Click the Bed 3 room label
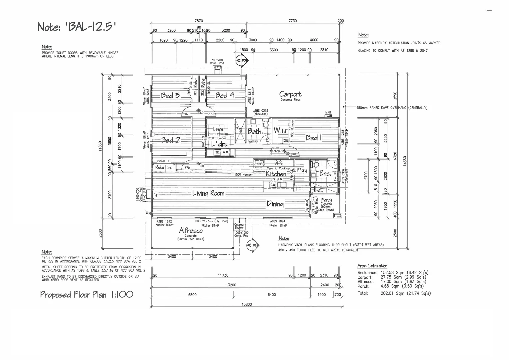click(170, 96)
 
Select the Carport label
click(290, 94)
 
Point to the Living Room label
click(208, 193)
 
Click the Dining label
click(275, 204)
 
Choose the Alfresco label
click(191, 230)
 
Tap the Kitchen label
click(276, 174)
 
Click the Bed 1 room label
click(314, 138)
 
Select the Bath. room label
click(255, 131)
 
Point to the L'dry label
click(219, 144)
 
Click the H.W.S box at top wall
click(217, 68)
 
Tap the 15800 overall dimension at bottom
click(247, 304)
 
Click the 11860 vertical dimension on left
click(100, 146)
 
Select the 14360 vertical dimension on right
click(405, 160)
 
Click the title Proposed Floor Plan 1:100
click(87, 294)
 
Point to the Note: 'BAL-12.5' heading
click(77, 26)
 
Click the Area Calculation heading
click(372, 266)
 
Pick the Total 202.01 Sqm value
click(405, 293)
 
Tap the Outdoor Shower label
click(239, 226)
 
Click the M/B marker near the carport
click(328, 113)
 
